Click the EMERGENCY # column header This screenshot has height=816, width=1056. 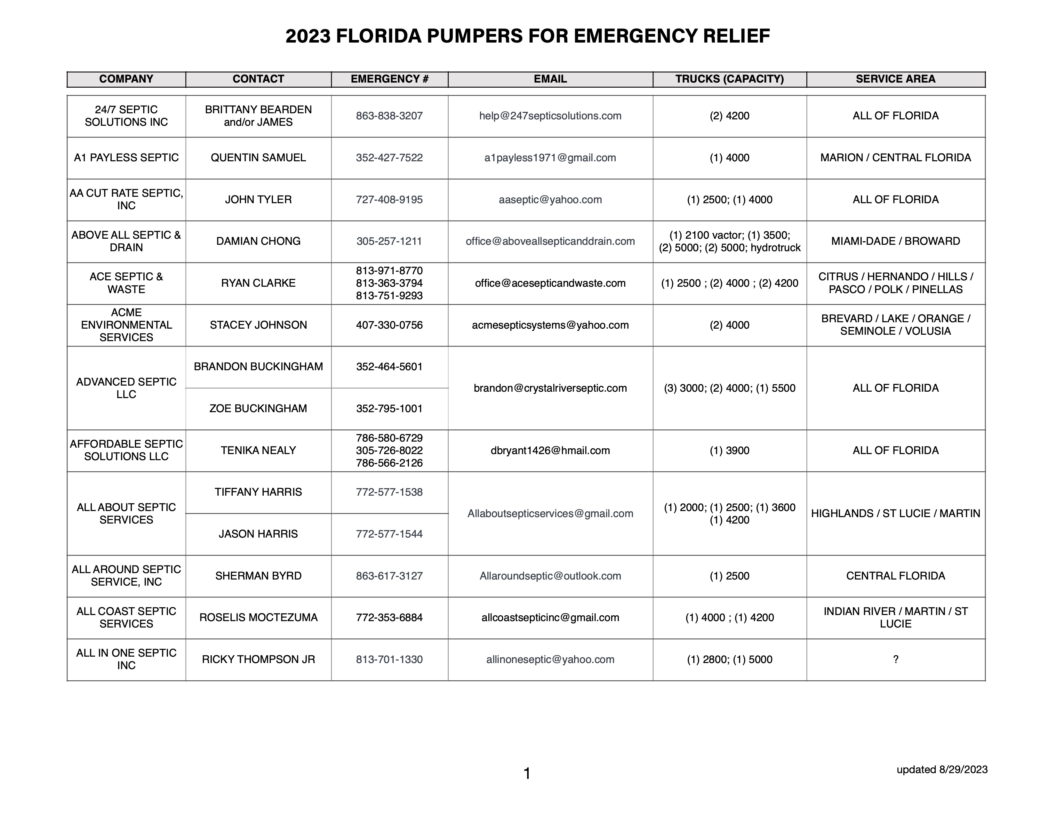389,79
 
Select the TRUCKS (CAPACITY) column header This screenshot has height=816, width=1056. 729,79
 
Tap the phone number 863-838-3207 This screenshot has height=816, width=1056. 389,116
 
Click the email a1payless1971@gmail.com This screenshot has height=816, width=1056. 550,157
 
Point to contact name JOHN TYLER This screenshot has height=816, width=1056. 258,200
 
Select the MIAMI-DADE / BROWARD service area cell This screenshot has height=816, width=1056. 895,241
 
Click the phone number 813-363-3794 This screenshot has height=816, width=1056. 389,283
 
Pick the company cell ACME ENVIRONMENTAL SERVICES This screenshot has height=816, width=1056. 126,325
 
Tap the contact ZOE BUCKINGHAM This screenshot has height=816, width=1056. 258,409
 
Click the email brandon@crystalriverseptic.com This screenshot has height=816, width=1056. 550,388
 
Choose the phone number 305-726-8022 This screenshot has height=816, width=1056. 389,451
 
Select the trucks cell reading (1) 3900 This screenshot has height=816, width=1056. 729,451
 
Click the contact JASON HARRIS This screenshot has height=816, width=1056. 258,534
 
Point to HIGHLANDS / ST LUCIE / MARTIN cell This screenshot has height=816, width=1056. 895,513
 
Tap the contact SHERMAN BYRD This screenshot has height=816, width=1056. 258,576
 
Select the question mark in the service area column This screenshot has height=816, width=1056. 895,660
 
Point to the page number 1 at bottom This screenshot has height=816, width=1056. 527,774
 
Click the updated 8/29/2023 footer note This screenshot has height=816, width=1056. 942,770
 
